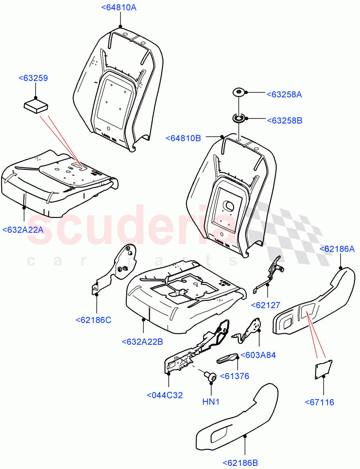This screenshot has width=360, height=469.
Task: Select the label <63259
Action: click(33, 78)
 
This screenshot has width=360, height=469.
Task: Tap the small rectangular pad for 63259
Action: click(36, 106)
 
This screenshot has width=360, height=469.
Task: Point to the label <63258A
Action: click(284, 94)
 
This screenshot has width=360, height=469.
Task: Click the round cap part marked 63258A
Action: click(239, 93)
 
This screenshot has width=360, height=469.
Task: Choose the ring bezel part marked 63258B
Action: click(239, 118)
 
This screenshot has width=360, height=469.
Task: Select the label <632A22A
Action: click(23, 230)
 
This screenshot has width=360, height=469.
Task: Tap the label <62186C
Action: click(93, 320)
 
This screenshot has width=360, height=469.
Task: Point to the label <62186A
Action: click(337, 249)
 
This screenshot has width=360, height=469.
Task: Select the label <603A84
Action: click(258, 355)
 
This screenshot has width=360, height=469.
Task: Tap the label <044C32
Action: click(165, 395)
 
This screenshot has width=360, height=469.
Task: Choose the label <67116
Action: click(319, 402)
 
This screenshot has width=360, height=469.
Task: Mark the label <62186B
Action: click(241, 463)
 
